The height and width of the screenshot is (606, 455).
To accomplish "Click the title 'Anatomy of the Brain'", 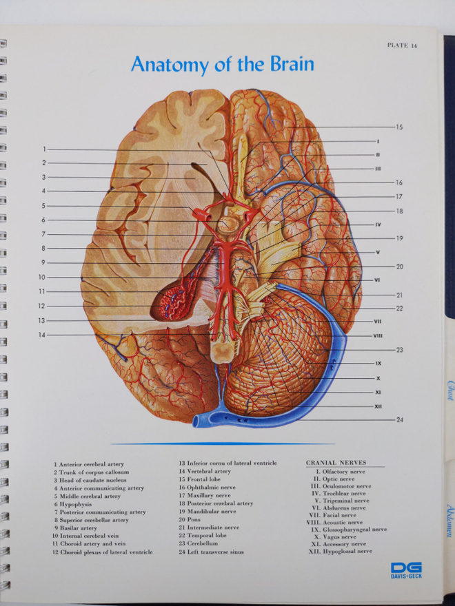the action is click(x=223, y=64).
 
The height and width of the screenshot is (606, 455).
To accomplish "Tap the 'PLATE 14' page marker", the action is click(x=403, y=45).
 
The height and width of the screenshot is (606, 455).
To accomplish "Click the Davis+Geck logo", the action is click(x=406, y=570).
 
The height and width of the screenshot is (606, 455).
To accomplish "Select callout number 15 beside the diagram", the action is click(x=399, y=127).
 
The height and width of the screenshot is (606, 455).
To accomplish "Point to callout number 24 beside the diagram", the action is click(x=399, y=419).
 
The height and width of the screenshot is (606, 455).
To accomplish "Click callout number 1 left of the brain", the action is click(x=45, y=149).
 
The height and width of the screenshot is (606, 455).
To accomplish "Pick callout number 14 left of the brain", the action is click(x=42, y=335).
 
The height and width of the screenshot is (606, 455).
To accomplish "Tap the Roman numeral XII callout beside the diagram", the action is click(x=378, y=406).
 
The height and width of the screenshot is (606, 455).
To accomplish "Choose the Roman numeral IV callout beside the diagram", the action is click(x=378, y=224).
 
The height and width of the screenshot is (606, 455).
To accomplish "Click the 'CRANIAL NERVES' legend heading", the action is click(x=336, y=463).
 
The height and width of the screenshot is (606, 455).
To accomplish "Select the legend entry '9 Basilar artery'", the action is click(x=75, y=528).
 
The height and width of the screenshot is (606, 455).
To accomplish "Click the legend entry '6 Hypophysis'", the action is click(x=73, y=504).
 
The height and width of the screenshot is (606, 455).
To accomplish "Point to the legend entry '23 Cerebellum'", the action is click(x=198, y=543).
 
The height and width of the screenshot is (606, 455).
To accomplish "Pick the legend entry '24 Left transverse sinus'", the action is click(x=211, y=552).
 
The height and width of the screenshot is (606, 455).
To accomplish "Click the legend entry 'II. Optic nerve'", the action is click(x=334, y=479).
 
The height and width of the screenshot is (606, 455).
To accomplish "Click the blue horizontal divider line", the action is click(x=223, y=443).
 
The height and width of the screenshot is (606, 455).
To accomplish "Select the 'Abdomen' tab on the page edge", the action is click(x=449, y=520).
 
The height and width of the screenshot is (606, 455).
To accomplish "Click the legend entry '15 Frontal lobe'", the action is click(x=200, y=479).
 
